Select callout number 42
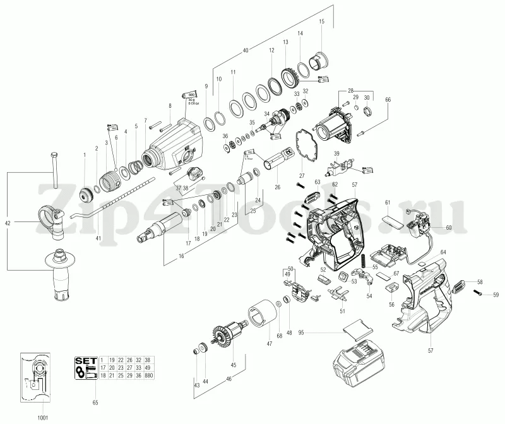(x=8, y=223)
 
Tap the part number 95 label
(x=302, y=333)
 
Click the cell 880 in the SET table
(x=149, y=375)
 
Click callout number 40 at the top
(x=245, y=50)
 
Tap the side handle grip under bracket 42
(x=63, y=278)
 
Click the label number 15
(x=321, y=22)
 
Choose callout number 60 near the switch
(x=449, y=227)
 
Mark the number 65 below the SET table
(x=95, y=402)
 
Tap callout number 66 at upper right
(x=388, y=99)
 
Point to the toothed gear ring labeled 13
(x=290, y=77)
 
